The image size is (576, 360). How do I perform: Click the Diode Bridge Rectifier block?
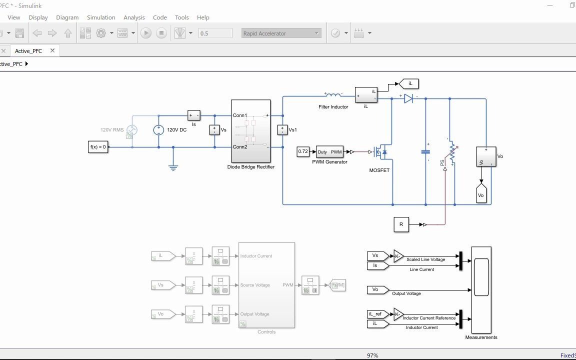tap(250, 130)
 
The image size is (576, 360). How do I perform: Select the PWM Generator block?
tap(330, 152)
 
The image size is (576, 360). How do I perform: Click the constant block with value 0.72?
tap(303, 151)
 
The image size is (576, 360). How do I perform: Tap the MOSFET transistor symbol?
tap(380, 152)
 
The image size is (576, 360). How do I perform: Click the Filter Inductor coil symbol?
tap(333, 94)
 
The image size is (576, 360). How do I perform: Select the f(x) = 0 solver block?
tap(98, 147)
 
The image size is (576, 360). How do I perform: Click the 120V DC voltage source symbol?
tap(158, 130)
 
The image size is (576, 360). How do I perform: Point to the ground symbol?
tap(173, 167)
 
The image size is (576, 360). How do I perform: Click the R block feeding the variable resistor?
tap(401, 224)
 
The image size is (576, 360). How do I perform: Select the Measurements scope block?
tap(481, 290)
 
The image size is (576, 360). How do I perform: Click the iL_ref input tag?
tap(376, 314)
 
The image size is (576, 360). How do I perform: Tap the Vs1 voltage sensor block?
tap(282, 130)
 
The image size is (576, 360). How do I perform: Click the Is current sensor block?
tap(193, 115)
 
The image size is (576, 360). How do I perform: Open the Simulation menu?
tap(101, 17)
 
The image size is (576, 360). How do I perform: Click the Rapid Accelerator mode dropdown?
tap(281, 33)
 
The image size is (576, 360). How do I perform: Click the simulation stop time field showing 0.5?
tap(215, 33)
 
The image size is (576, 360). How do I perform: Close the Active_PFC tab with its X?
tap(52, 50)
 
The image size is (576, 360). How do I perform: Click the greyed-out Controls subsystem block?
tap(266, 285)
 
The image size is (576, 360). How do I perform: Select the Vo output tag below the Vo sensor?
tap(481, 195)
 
